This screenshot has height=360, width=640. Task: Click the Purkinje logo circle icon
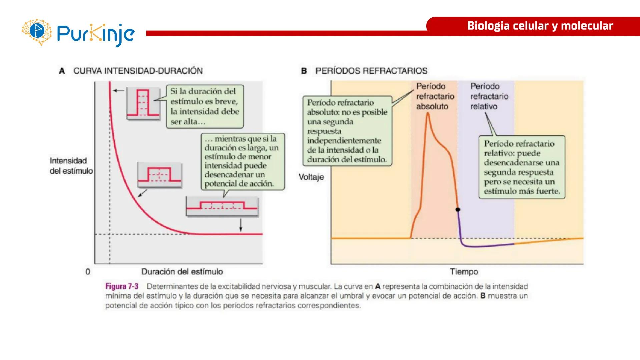pyautogui.click(x=37, y=32)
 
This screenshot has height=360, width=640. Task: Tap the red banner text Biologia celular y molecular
pyautogui.click(x=540, y=26)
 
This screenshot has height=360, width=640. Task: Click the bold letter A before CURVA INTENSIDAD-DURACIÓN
pyautogui.click(x=62, y=71)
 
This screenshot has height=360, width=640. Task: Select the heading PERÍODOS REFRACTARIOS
pyautogui.click(x=371, y=71)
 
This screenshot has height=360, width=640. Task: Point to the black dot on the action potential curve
pyautogui.click(x=458, y=210)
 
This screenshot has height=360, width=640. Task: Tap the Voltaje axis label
pyautogui.click(x=311, y=177)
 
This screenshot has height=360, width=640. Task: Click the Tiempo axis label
pyautogui.click(x=464, y=272)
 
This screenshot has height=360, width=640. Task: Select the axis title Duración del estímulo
pyautogui.click(x=182, y=272)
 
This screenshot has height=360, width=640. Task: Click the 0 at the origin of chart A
pyautogui.click(x=88, y=272)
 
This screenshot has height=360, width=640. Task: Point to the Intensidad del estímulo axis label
pyautogui.click(x=71, y=166)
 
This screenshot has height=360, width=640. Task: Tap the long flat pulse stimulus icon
pyautogui.click(x=222, y=206)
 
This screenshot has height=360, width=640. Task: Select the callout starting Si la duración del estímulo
pyautogui.click(x=205, y=106)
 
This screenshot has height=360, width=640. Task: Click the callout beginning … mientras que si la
pyautogui.click(x=242, y=161)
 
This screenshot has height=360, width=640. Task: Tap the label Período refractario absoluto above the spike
pyautogui.click(x=435, y=96)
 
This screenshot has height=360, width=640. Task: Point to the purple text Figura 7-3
pyautogui.click(x=122, y=286)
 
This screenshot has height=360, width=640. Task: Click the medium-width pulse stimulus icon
pyautogui.click(x=159, y=175)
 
